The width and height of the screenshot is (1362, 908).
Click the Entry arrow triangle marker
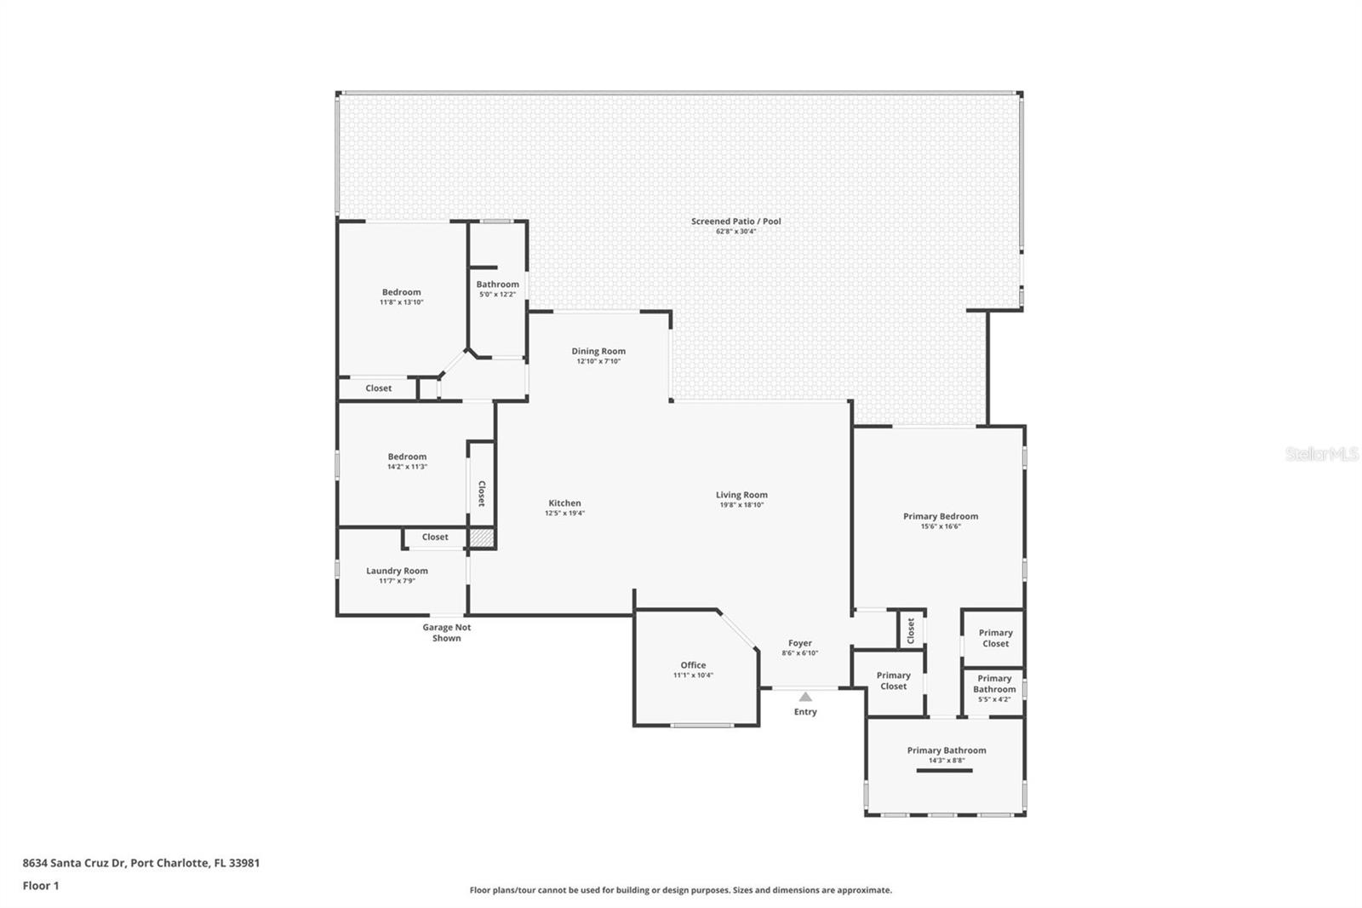pyautogui.click(x=805, y=697)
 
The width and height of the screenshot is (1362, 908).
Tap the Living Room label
pyautogui.click(x=741, y=495)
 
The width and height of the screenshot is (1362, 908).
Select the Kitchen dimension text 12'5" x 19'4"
pyautogui.click(x=565, y=513)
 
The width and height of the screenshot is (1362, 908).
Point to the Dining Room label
pyautogui.click(x=598, y=351)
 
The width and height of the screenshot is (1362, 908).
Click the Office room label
pyautogui.click(x=693, y=665)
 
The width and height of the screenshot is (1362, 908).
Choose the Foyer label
pyautogui.click(x=800, y=643)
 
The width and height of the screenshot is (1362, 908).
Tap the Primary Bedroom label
pyautogui.click(x=941, y=516)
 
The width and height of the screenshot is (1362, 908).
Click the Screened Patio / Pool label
pyautogui.click(x=735, y=221)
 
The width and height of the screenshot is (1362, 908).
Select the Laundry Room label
pyautogui.click(x=397, y=571)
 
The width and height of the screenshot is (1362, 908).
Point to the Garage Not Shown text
pyautogui.click(x=447, y=632)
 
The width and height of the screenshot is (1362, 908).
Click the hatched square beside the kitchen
pyautogui.click(x=482, y=538)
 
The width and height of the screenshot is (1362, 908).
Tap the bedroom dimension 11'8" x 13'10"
pyautogui.click(x=401, y=302)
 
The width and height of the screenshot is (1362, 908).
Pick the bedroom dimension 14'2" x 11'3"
pyautogui.click(x=408, y=467)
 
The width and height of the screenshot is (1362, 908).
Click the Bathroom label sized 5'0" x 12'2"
pyautogui.click(x=497, y=284)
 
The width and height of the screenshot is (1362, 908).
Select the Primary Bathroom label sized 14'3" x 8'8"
pyautogui.click(x=947, y=750)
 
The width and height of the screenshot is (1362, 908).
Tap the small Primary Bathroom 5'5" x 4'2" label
pyautogui.click(x=994, y=688)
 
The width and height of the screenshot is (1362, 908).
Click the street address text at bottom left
pyautogui.click(x=141, y=863)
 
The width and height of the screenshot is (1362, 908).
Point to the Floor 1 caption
pyautogui.click(x=41, y=886)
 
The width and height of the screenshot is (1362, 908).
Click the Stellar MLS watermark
pyautogui.click(x=1322, y=454)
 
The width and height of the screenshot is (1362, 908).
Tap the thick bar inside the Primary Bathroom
pyautogui.click(x=944, y=771)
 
